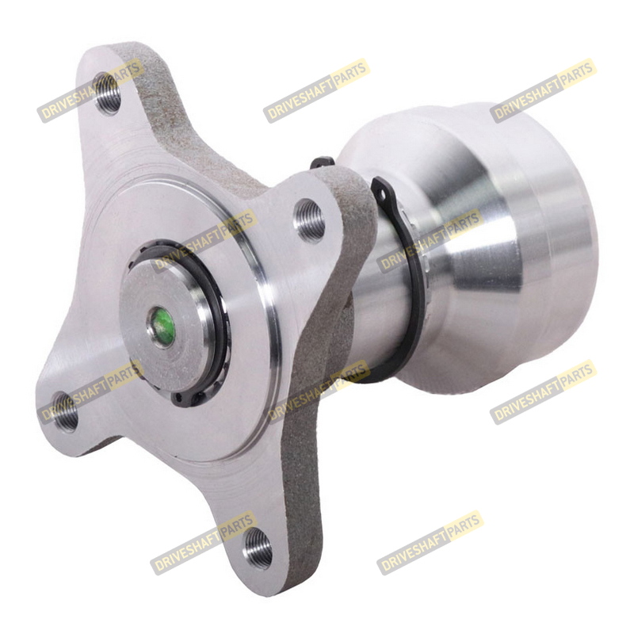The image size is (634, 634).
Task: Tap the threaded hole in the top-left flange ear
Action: pos(107,94)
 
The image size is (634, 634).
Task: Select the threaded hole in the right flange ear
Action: pos(309,221)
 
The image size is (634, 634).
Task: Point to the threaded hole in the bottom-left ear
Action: pos(66,411)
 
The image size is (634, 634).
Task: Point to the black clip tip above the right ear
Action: pos(322,162)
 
